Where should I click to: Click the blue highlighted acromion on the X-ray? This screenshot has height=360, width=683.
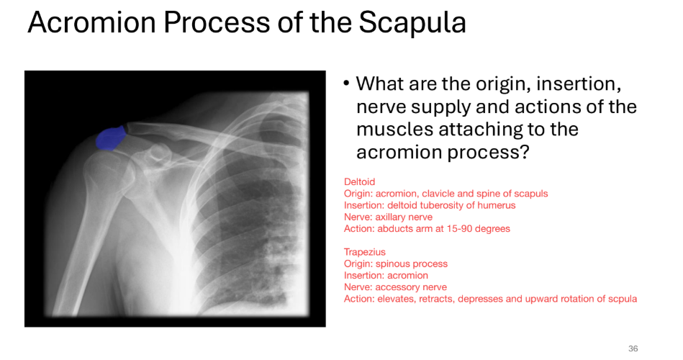(x=109, y=138)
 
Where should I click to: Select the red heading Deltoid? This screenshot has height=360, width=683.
(x=359, y=182)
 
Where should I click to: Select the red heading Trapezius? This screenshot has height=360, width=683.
(x=364, y=252)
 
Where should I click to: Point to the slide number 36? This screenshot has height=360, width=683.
(x=633, y=348)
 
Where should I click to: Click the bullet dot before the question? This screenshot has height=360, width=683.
(x=346, y=84)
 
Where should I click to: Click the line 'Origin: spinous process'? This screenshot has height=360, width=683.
(x=395, y=264)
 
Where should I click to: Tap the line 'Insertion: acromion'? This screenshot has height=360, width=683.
(x=386, y=275)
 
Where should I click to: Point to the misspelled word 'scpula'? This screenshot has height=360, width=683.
(x=622, y=298)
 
